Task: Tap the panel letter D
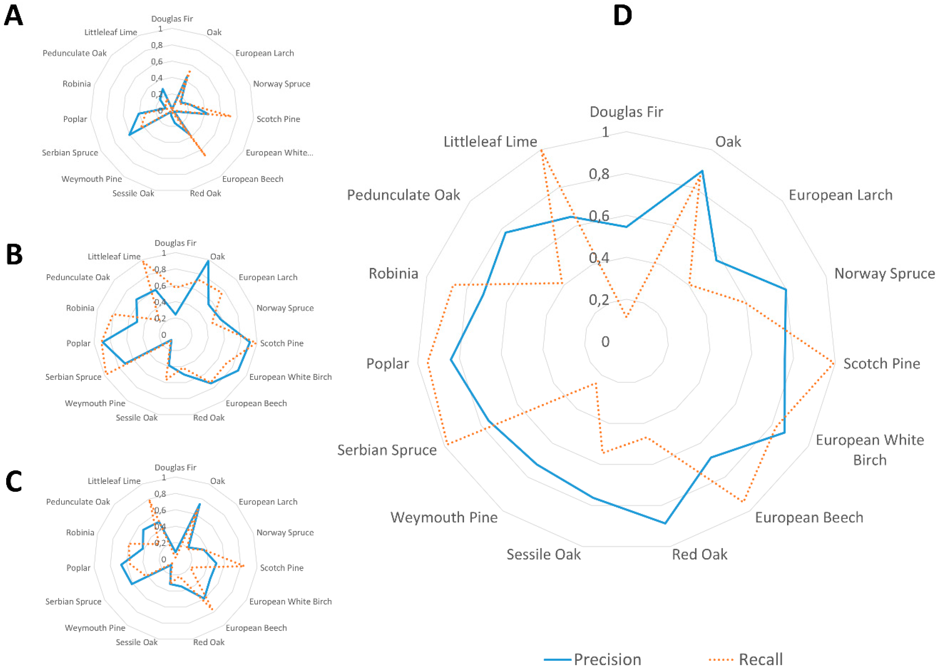622,16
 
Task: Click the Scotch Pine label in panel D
882,364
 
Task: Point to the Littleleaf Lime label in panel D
490,142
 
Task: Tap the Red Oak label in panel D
699,554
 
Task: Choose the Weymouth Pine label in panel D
444,517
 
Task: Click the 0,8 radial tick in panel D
599,174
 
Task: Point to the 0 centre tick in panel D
605,342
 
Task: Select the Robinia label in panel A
76,84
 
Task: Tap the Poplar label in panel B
78,343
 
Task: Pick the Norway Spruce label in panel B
285,308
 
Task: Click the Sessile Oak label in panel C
136,642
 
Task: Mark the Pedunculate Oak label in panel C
78,501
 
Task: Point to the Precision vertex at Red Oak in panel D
665,523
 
